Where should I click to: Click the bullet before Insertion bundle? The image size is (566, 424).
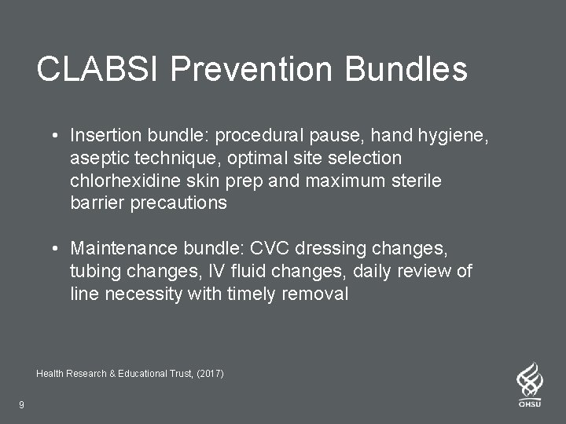click(57, 136)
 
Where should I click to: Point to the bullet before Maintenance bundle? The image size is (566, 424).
click(57, 250)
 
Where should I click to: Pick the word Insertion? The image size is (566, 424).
click(101, 136)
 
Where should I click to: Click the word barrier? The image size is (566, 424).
click(96, 203)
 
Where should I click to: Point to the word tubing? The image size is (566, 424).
click(93, 272)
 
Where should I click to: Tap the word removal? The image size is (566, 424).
click(318, 294)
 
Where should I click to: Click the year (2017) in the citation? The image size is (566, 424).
click(209, 374)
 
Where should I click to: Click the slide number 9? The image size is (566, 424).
click(21, 405)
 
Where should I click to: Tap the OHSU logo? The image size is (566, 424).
click(529, 385)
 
